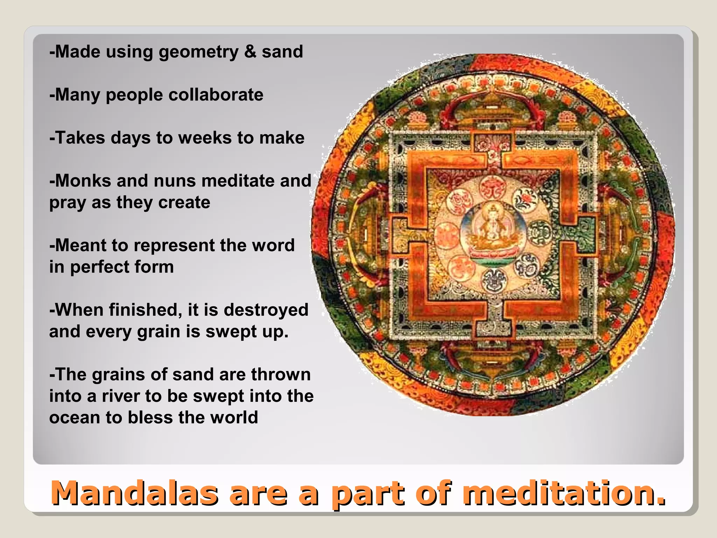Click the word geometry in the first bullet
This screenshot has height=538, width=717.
[199, 52]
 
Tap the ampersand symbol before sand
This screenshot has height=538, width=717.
[250, 51]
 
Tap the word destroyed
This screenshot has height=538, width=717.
[266, 310]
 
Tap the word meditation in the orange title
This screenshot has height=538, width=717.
[564, 494]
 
